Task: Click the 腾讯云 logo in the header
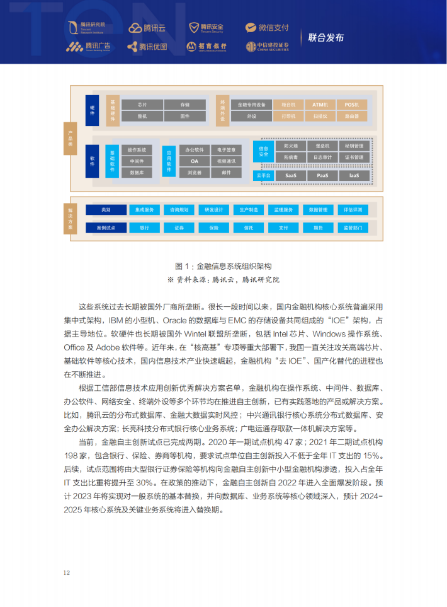pos(147,28)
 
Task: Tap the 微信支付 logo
pos(268,28)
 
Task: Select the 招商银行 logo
pos(207,47)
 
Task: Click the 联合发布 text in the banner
pos(325,37)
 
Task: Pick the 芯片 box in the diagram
pos(142,105)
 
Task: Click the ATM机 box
pos(320,105)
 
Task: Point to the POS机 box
pos(352,105)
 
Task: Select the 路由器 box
pos(352,117)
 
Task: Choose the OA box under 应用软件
pos(195,161)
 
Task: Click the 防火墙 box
pos(290,146)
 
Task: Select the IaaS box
pos(354,176)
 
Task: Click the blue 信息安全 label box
pos(263,151)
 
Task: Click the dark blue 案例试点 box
pos(106,228)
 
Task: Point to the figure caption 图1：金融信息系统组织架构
pos(224,266)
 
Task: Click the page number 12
pos(67,572)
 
